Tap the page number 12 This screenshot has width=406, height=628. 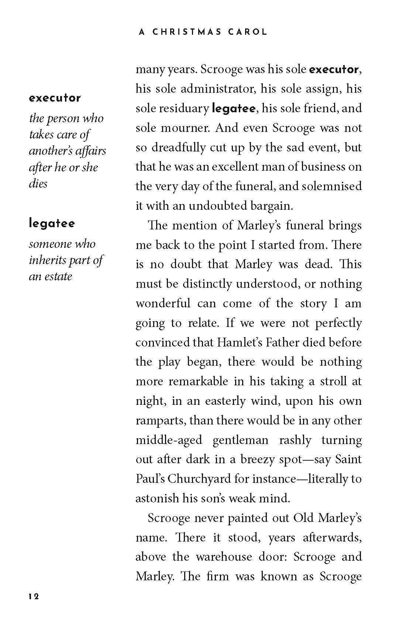33,597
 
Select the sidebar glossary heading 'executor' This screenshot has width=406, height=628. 55,98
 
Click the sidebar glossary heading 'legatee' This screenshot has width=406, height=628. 52,223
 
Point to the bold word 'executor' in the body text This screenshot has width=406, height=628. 333,69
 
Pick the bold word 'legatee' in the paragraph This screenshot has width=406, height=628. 234,109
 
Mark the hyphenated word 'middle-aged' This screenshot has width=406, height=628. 169,440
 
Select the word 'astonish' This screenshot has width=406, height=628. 157,499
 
